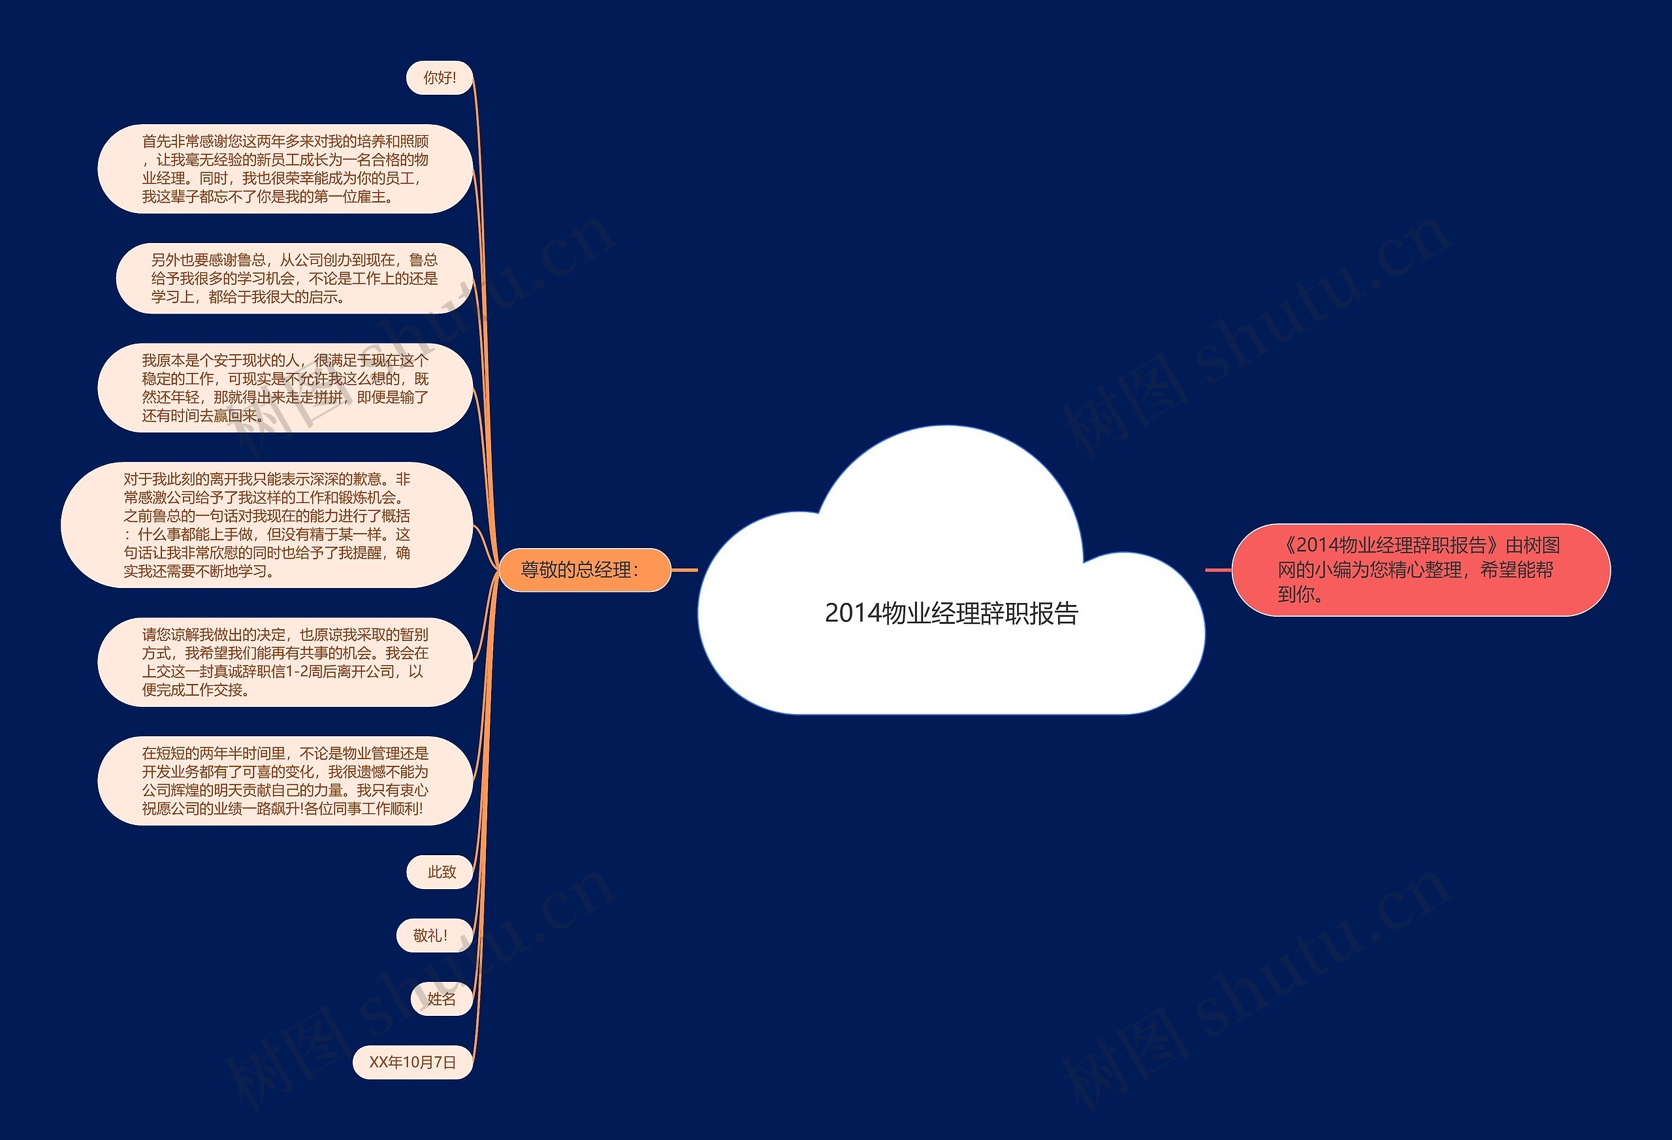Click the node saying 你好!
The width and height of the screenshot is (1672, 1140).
pos(440,78)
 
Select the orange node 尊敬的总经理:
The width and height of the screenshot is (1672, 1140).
pos(584,570)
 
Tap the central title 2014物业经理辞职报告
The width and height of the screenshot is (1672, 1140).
pos(951,613)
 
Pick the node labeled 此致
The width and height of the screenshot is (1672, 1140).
pos(440,872)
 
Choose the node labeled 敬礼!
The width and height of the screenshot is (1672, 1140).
pos(434,936)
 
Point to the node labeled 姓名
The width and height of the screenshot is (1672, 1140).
pos(441,999)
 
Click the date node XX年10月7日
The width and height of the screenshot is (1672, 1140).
pos(412,1062)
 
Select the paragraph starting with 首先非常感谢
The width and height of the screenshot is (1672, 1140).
pos(285,169)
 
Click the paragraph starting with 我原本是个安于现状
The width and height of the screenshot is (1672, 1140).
pos(285,388)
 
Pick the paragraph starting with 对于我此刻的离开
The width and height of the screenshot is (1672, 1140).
pos(267,525)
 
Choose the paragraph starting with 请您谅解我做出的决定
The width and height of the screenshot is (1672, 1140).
pos(285,662)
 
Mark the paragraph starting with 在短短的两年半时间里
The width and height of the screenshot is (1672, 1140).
pos(285,781)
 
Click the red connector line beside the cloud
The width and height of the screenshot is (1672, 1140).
pos(1218,570)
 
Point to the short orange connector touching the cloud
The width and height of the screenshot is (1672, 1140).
pos(684,570)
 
